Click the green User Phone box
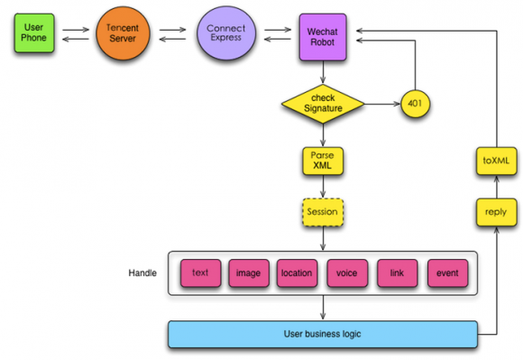point(34,33)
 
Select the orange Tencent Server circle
point(123,33)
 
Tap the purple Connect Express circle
point(226,33)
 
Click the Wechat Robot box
point(323,37)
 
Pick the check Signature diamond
point(323,104)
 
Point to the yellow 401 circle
point(415,104)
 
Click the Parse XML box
point(323,161)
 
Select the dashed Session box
point(323,212)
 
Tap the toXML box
point(496,161)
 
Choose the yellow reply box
point(496,212)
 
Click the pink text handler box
point(200,272)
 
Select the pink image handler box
point(249,272)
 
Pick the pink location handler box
point(297,272)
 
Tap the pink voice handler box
point(347,272)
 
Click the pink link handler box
point(398,272)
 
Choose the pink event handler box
point(447,272)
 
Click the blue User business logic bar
point(323,335)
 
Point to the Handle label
point(142,272)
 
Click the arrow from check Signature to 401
point(382,104)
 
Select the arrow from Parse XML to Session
point(323,187)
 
